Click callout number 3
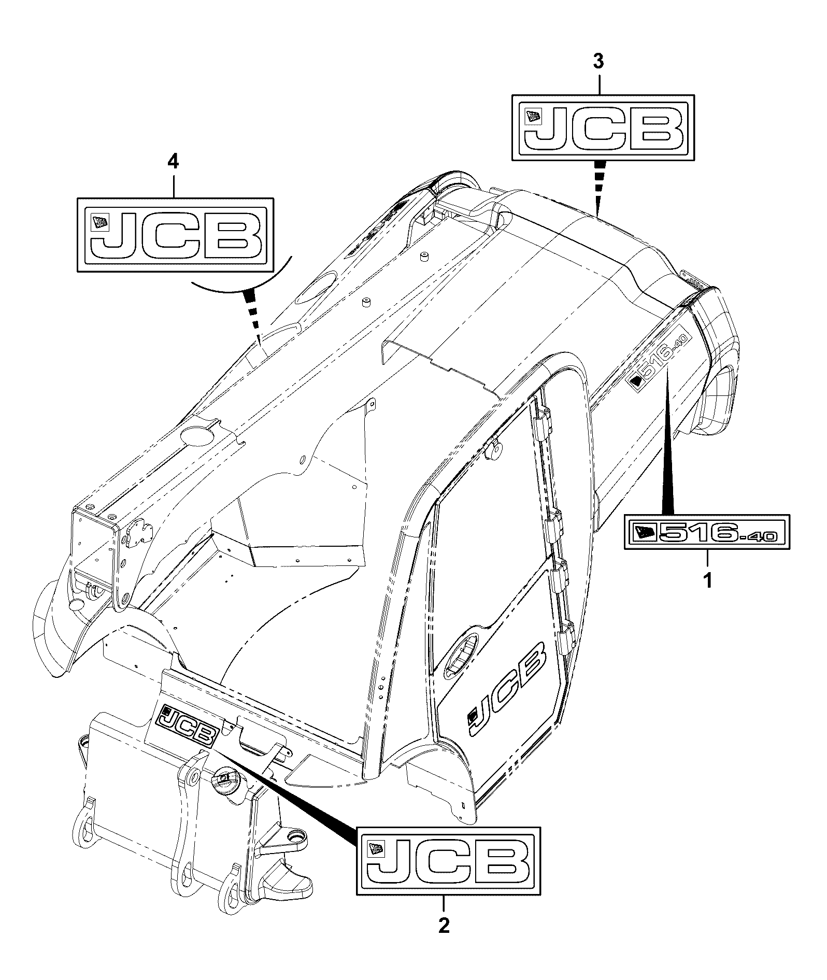coord(598,62)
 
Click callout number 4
coord(173,162)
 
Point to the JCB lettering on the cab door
coord(507,689)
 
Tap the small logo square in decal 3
coord(533,117)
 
